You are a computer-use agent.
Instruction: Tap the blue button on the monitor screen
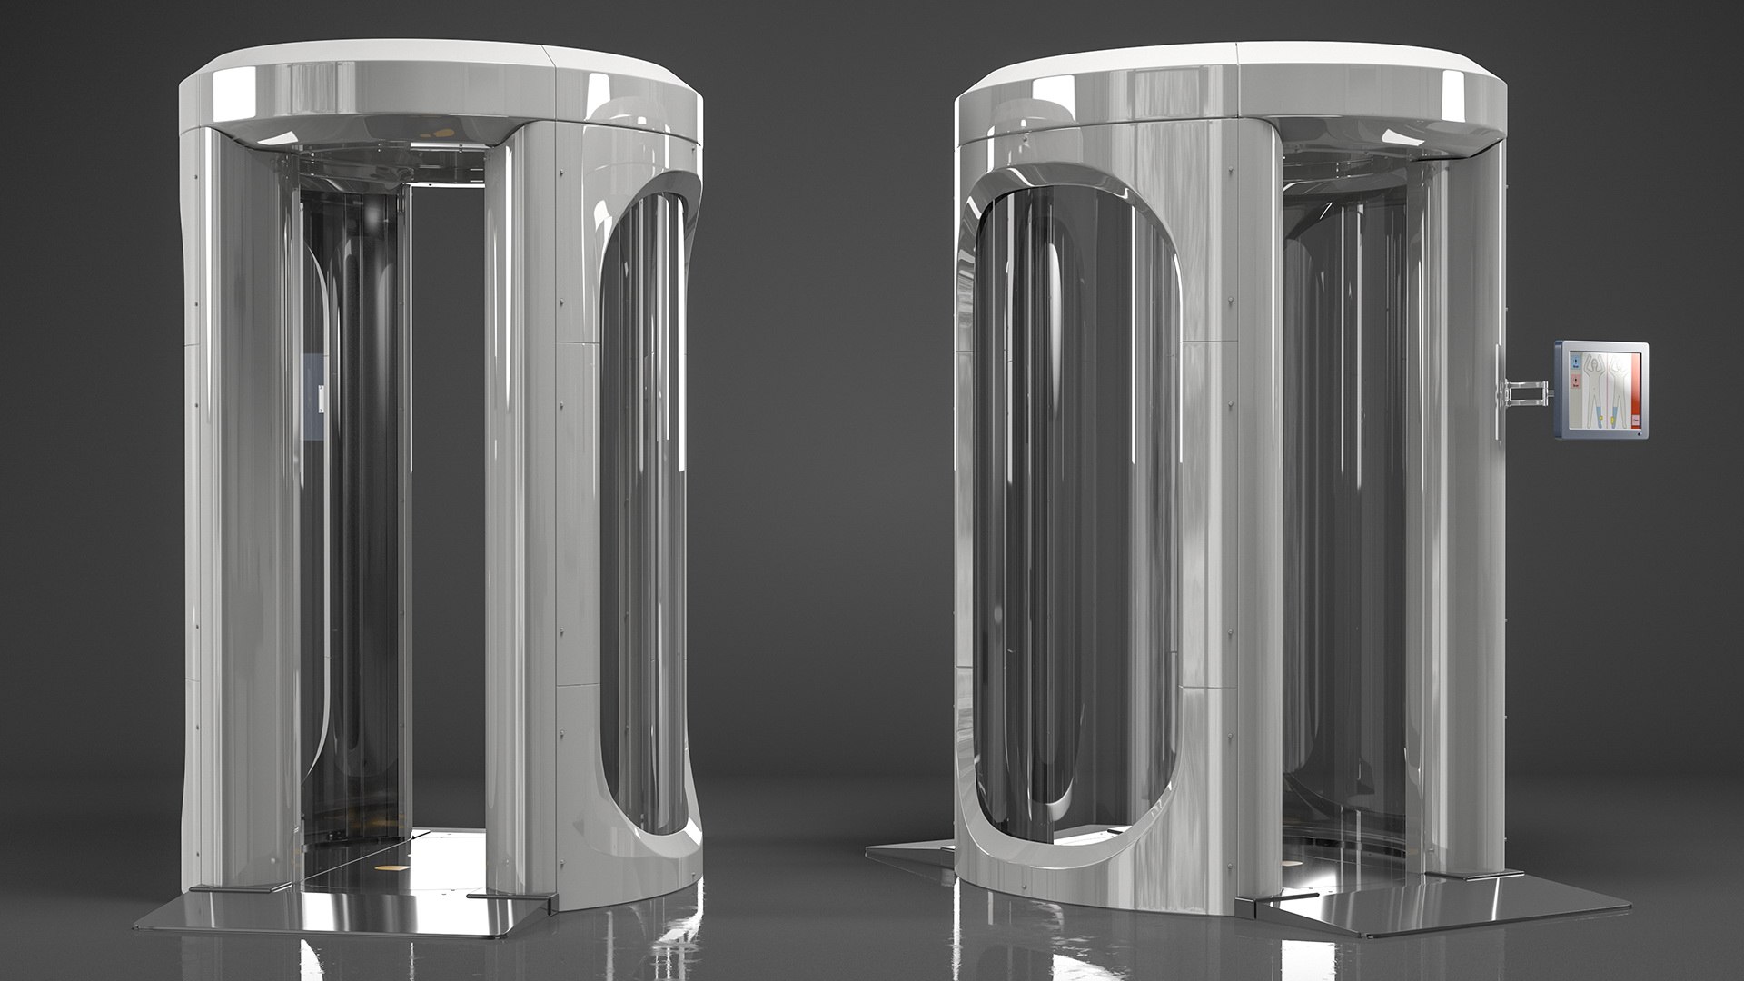click(x=1576, y=362)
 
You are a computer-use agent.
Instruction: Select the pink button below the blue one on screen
click(x=1576, y=381)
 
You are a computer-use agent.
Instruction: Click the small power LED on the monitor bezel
click(x=1640, y=434)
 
